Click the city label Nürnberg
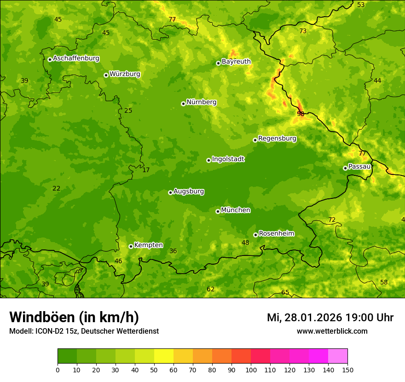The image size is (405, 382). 201,102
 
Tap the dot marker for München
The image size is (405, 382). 218,211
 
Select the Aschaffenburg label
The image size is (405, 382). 76,58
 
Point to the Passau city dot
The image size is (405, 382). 345,168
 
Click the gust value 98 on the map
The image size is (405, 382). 301,114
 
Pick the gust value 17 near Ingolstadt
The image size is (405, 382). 146,170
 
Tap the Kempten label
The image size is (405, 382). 148,245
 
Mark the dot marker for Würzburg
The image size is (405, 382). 106,75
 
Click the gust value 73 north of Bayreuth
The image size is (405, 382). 303,31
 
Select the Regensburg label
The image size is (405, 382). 277,139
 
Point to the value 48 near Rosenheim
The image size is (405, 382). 245,243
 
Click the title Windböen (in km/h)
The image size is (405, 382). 74,317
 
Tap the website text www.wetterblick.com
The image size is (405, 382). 332,331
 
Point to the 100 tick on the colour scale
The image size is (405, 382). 251,370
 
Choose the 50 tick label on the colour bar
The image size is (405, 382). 154,370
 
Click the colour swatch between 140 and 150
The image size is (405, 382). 338,356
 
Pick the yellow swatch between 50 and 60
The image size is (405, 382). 164,356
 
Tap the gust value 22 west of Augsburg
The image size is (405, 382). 56,188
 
